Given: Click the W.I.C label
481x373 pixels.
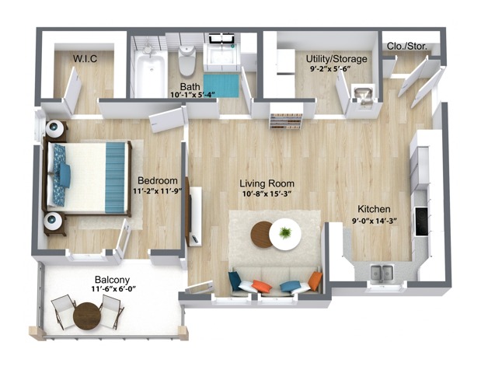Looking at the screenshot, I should [x=84, y=58].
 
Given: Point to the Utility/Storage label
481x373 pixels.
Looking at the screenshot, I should [x=336, y=58].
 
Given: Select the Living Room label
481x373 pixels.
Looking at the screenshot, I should [x=267, y=183].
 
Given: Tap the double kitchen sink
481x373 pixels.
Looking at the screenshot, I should [x=380, y=272].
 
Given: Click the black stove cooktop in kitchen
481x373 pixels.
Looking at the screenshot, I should [x=422, y=221].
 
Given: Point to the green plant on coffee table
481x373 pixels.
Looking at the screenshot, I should [x=285, y=232].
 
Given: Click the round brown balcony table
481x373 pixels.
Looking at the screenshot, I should [x=87, y=315].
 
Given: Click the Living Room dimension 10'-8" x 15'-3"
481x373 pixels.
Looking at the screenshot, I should [x=267, y=194].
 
